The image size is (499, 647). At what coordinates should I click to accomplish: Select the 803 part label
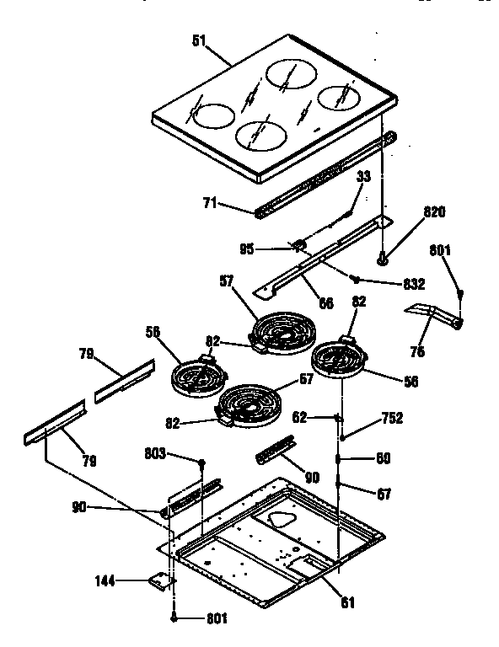pos(179,455)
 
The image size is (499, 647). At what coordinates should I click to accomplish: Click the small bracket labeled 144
pos(162,580)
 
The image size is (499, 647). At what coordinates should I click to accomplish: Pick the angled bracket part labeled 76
pos(434,315)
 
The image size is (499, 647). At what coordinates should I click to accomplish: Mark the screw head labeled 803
pos(202,463)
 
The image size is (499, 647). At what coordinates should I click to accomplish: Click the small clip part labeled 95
pos(298,245)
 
